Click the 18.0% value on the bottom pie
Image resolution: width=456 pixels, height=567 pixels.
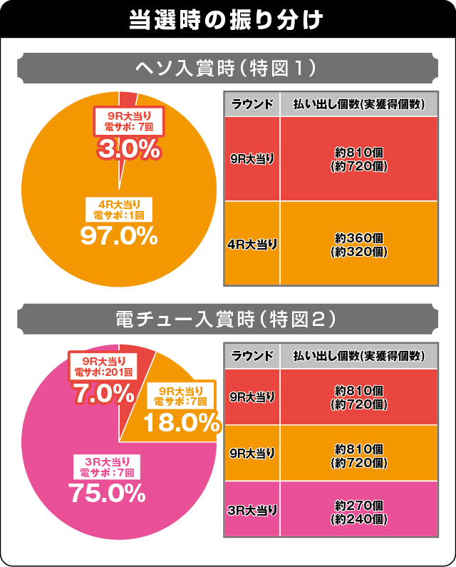click(181, 423)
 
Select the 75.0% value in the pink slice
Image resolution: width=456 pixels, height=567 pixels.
click(107, 492)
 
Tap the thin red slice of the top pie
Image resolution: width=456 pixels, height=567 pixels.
click(127, 99)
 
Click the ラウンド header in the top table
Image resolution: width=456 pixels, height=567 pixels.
click(252, 104)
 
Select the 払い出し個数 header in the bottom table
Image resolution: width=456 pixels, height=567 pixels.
click(359, 356)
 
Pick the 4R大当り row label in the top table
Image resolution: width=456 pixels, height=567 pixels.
click(252, 244)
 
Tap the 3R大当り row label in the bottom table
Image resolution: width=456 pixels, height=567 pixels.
click(252, 509)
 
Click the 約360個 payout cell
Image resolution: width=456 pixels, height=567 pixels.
click(359, 244)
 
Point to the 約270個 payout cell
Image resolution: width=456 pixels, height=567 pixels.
click(359, 509)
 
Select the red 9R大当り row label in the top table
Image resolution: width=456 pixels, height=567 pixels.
click(252, 159)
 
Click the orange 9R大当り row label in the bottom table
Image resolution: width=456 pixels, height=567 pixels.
click(252, 453)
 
